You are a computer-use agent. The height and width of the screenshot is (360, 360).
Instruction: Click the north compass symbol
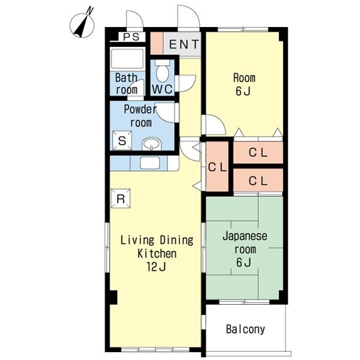82,24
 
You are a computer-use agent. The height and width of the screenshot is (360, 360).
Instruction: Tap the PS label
131,37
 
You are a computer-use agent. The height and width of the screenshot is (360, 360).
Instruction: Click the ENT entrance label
184,44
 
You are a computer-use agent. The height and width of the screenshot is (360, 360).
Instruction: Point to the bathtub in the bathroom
127,58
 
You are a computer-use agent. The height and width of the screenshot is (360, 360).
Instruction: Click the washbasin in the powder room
152,144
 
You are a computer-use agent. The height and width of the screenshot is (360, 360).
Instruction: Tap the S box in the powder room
122,140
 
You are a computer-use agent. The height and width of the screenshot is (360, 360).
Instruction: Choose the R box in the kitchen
121,199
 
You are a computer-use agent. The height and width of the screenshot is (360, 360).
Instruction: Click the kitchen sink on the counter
150,163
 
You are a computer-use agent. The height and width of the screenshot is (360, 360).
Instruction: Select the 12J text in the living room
156,266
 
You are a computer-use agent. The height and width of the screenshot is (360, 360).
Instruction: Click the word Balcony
245,329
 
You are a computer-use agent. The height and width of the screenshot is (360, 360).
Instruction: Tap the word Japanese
245,237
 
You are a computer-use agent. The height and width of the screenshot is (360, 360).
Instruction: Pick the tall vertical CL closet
217,167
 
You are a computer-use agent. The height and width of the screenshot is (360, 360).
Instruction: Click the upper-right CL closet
258,152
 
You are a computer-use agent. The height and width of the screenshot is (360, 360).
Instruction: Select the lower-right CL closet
258,180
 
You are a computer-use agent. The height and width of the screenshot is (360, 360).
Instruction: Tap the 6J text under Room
243,91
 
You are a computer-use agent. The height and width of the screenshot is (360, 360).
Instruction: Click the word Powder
140,109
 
